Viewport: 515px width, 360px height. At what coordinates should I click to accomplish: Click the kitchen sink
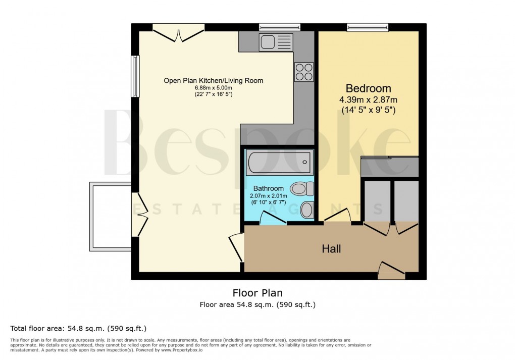coord(276,42)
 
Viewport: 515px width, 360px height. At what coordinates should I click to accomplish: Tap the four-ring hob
coord(304,71)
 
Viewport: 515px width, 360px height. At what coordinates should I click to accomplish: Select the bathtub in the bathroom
coord(280,163)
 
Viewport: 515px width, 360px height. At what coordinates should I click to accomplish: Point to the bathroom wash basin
coord(306,210)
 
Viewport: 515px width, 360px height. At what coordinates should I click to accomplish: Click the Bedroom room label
coord(368,88)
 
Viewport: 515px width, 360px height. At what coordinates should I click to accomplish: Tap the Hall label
coord(331,249)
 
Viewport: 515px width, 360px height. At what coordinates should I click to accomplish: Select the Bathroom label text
coord(269,188)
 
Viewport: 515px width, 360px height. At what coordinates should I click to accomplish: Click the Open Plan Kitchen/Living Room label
coord(213,81)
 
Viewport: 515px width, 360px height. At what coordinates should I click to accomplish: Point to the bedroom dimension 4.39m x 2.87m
coord(368,99)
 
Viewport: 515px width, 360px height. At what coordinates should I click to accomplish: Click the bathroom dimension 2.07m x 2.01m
coord(269,196)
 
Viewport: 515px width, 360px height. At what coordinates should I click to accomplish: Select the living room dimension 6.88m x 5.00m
coord(213,88)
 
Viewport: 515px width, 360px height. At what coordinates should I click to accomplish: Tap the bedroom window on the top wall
coord(368,27)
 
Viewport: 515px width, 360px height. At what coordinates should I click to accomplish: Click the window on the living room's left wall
coord(135,76)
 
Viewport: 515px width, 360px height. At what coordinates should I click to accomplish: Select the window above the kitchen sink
coord(280,27)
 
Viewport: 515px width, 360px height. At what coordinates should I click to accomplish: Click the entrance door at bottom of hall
coord(392,272)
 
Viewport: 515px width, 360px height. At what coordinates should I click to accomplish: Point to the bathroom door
coord(273,218)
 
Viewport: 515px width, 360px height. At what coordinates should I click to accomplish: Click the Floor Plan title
coord(257,293)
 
